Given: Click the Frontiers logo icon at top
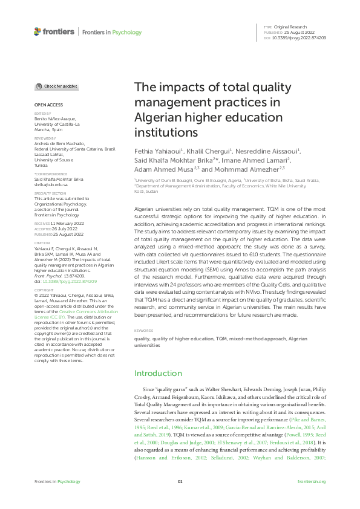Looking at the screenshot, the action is [x=38, y=31].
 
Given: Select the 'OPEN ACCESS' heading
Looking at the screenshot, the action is [x=46, y=105].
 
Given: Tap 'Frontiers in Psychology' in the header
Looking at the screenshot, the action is [x=112, y=32].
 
